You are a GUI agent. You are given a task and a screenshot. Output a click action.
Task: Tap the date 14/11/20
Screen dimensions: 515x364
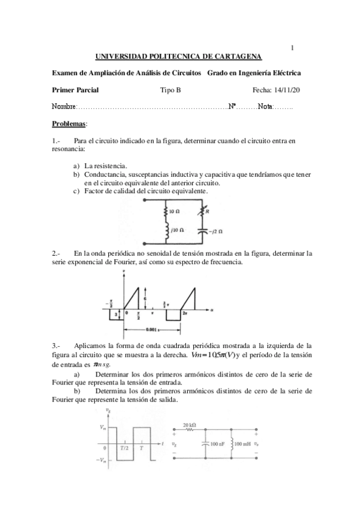286,90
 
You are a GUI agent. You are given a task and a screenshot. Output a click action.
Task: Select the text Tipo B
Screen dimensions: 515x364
170,90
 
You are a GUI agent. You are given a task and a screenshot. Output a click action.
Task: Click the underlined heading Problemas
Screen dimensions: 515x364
69,124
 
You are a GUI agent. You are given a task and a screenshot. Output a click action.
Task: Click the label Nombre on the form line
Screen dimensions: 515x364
64,107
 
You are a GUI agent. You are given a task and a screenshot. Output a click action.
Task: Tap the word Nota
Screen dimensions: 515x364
264,107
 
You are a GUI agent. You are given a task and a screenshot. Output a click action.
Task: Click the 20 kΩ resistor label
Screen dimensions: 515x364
190,426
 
